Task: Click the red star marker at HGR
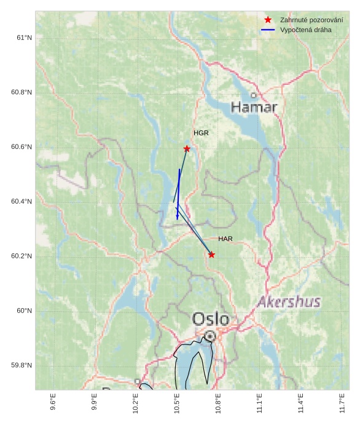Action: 187,149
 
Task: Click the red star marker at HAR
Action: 211,255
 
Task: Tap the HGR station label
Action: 201,133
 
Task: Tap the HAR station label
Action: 225,239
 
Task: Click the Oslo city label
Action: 211,319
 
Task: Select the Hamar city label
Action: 254,108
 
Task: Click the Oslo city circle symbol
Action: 211,336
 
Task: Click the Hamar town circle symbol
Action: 253,95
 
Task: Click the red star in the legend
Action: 268,20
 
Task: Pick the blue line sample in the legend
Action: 268,30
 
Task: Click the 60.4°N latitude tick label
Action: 21,202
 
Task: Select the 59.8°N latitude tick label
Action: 21,365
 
